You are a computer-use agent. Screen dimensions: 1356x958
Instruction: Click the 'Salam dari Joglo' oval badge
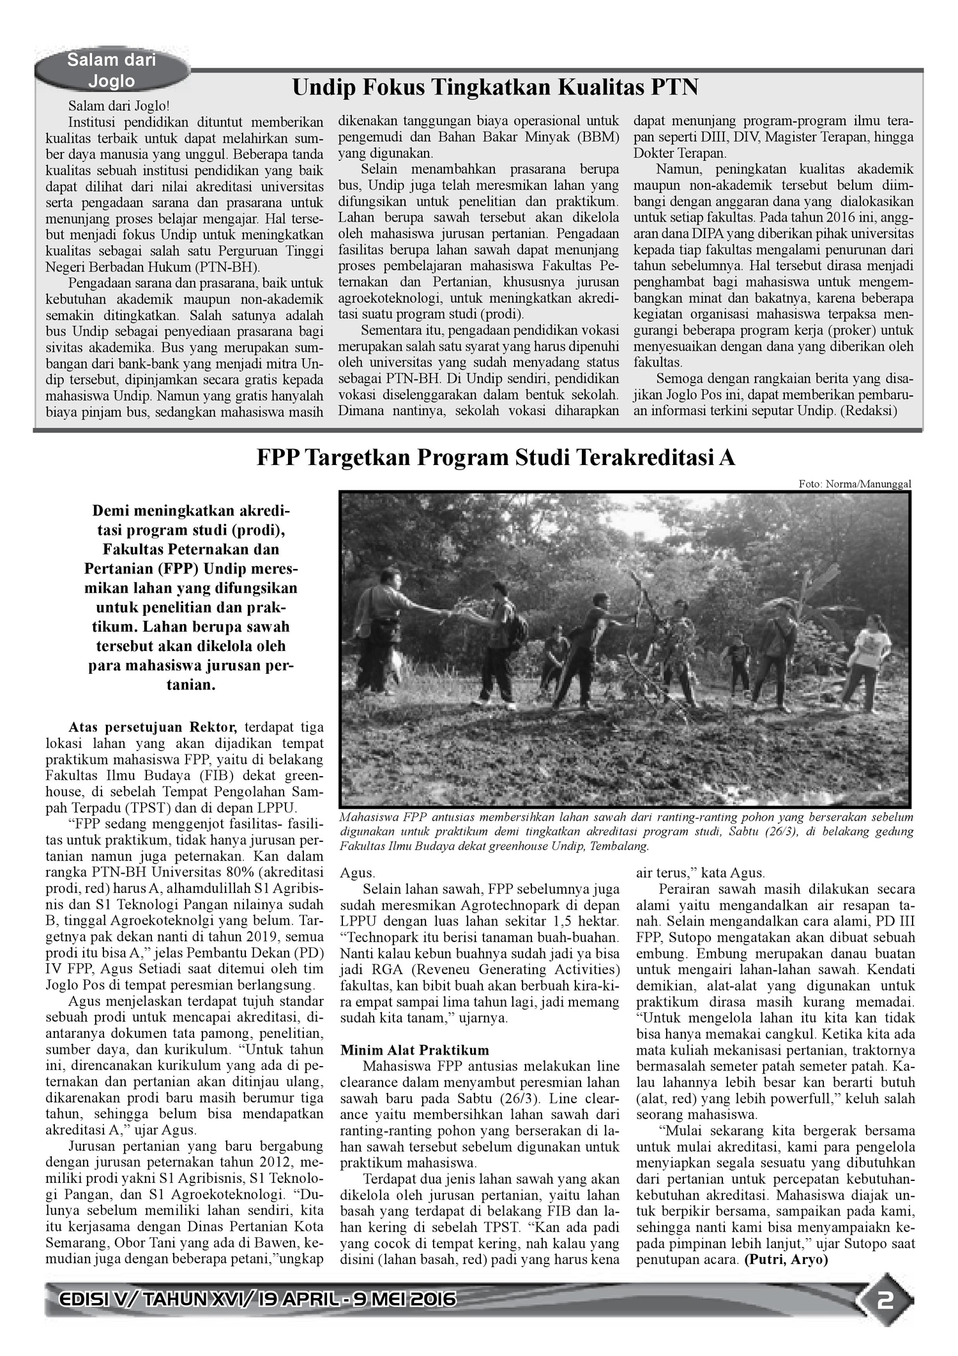point(112,70)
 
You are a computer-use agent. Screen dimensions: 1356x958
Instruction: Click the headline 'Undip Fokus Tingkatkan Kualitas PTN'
point(495,88)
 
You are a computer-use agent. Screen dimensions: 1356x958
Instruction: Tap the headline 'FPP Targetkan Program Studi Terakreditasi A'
point(496,458)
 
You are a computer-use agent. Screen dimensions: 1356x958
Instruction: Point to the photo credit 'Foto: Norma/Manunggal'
point(855,484)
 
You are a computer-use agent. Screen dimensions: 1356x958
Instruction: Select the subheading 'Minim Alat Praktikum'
point(414,1050)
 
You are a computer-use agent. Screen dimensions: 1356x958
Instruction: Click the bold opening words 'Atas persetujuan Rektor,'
point(153,727)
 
